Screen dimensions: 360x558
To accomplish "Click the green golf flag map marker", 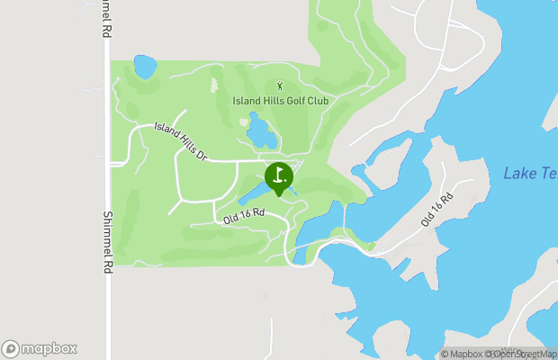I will tap(278, 176).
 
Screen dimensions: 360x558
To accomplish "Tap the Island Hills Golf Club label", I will tap(280, 101).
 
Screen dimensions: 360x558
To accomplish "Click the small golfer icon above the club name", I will tap(280, 86).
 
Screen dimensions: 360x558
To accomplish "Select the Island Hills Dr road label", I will tap(181, 142).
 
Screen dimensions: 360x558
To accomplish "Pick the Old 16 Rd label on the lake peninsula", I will tap(436, 209).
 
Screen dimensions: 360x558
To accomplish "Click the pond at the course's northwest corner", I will tap(144, 67).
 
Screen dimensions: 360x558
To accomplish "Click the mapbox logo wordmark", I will tap(49, 348).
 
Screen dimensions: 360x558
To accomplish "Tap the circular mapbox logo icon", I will tap(11, 348).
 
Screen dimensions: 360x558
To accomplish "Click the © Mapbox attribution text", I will tap(469, 354).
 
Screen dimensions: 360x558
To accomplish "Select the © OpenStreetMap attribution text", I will tap(523, 354).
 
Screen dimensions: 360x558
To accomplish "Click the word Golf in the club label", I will tap(290, 101).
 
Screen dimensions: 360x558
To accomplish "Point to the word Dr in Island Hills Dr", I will tap(202, 154).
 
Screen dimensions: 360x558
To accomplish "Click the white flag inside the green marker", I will tap(279, 174).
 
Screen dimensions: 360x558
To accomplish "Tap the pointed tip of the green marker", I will tap(278, 195).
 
